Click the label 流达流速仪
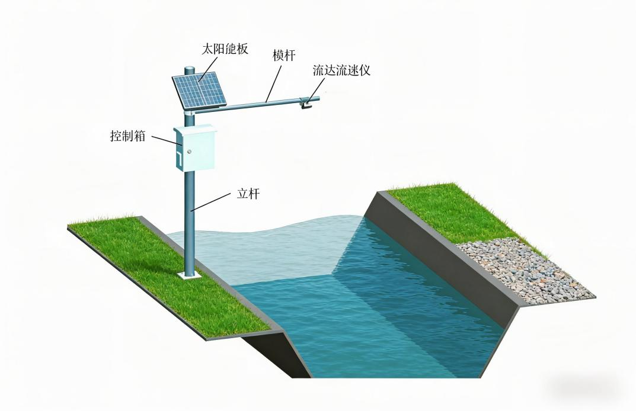click(x=341, y=70)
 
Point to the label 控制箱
click(x=127, y=135)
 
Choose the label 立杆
click(x=248, y=194)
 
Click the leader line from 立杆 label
click(x=211, y=203)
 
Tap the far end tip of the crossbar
click(x=318, y=98)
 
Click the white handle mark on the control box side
click(x=177, y=156)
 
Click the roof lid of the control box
click(x=195, y=129)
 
